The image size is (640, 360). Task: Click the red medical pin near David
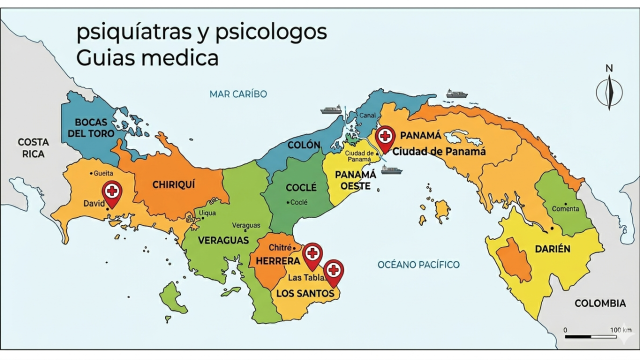(112, 192)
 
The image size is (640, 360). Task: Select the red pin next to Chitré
(312, 254)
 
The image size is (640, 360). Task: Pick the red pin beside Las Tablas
(334, 269)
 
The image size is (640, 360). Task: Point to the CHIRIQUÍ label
(172, 184)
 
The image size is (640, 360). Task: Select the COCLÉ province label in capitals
(301, 187)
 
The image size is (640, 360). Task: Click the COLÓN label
(304, 145)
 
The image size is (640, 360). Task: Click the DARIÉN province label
(552, 248)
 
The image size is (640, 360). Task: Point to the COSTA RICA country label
(32, 148)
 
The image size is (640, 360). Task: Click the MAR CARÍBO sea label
(238, 94)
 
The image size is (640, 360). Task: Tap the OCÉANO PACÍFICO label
(418, 265)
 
